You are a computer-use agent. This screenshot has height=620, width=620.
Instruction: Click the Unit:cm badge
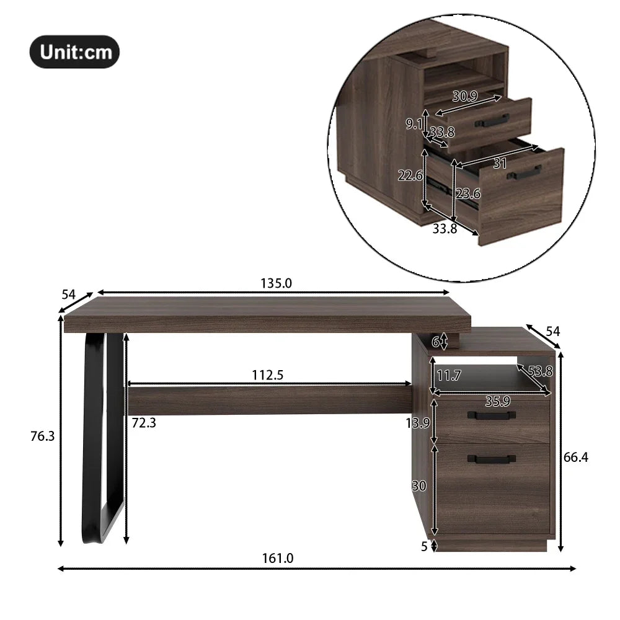point(74,51)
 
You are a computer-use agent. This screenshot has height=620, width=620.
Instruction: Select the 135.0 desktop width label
point(276,283)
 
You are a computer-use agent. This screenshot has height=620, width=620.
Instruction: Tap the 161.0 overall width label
point(278,558)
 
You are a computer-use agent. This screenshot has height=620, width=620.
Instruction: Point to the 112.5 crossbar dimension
point(267,374)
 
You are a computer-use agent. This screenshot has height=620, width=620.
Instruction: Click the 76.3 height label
point(42,436)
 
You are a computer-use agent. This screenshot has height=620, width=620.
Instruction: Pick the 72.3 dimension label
point(144,423)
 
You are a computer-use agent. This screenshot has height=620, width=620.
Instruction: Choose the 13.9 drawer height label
point(417,423)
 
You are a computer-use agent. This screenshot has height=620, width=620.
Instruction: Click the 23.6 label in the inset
point(468,193)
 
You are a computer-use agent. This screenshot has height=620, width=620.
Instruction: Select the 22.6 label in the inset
point(410,176)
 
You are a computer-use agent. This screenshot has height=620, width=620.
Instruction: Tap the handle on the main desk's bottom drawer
point(491,459)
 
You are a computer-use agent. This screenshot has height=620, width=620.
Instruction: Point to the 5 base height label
point(425,546)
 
